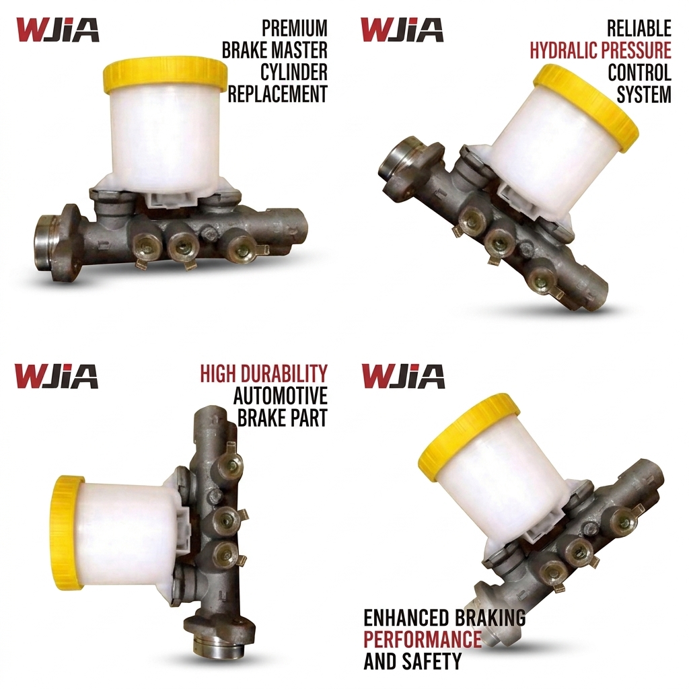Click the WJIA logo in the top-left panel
[x=58, y=30]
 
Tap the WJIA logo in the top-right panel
[x=402, y=30]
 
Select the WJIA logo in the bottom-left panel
[x=57, y=376]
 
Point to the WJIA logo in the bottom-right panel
[x=403, y=376]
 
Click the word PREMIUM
[x=295, y=28]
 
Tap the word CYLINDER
[x=294, y=72]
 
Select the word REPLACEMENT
[x=278, y=94]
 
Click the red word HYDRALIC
[x=561, y=50]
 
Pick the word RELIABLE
[x=639, y=28]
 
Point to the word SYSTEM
[x=644, y=94]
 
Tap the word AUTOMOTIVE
[x=281, y=396]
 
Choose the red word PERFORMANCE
[x=423, y=639]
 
